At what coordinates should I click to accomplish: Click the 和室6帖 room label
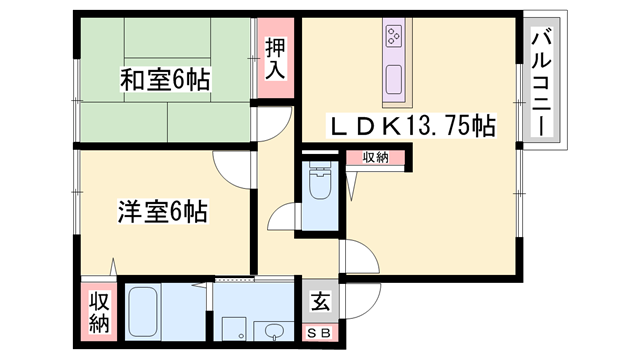[x=165, y=80]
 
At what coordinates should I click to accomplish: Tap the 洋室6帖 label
[x=162, y=212]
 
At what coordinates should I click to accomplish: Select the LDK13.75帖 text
[x=413, y=126]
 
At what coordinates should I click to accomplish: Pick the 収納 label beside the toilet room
[x=376, y=157]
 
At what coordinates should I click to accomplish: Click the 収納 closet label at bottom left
[x=99, y=312]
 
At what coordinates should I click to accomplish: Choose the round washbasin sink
[x=273, y=331]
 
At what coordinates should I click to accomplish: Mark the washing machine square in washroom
[x=233, y=329]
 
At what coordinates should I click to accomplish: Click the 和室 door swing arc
[x=269, y=124]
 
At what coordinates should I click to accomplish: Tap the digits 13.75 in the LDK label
[x=438, y=126]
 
